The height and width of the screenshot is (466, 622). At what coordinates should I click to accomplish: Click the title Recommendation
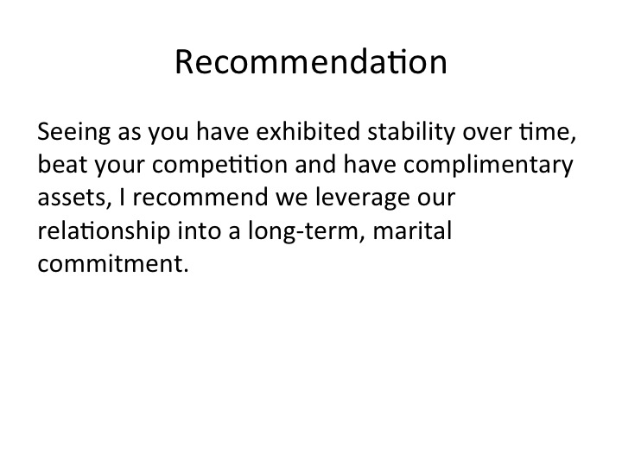click(x=311, y=61)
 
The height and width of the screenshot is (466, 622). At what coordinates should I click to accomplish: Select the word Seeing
click(x=73, y=133)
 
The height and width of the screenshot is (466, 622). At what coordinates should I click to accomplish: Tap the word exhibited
click(x=308, y=131)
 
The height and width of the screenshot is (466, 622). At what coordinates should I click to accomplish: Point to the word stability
click(x=411, y=133)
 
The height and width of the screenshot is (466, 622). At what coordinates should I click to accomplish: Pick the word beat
click(x=62, y=164)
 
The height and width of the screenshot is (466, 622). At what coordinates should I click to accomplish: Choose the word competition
click(x=219, y=166)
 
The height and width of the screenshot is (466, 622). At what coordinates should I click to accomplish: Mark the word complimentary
click(x=488, y=166)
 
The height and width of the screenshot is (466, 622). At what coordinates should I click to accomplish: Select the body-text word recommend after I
click(x=200, y=197)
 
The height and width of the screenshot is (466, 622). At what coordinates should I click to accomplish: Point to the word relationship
click(x=104, y=231)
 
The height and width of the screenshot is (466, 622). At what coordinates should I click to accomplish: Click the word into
click(x=199, y=230)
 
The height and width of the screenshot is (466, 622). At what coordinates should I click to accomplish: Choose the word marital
click(x=413, y=230)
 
